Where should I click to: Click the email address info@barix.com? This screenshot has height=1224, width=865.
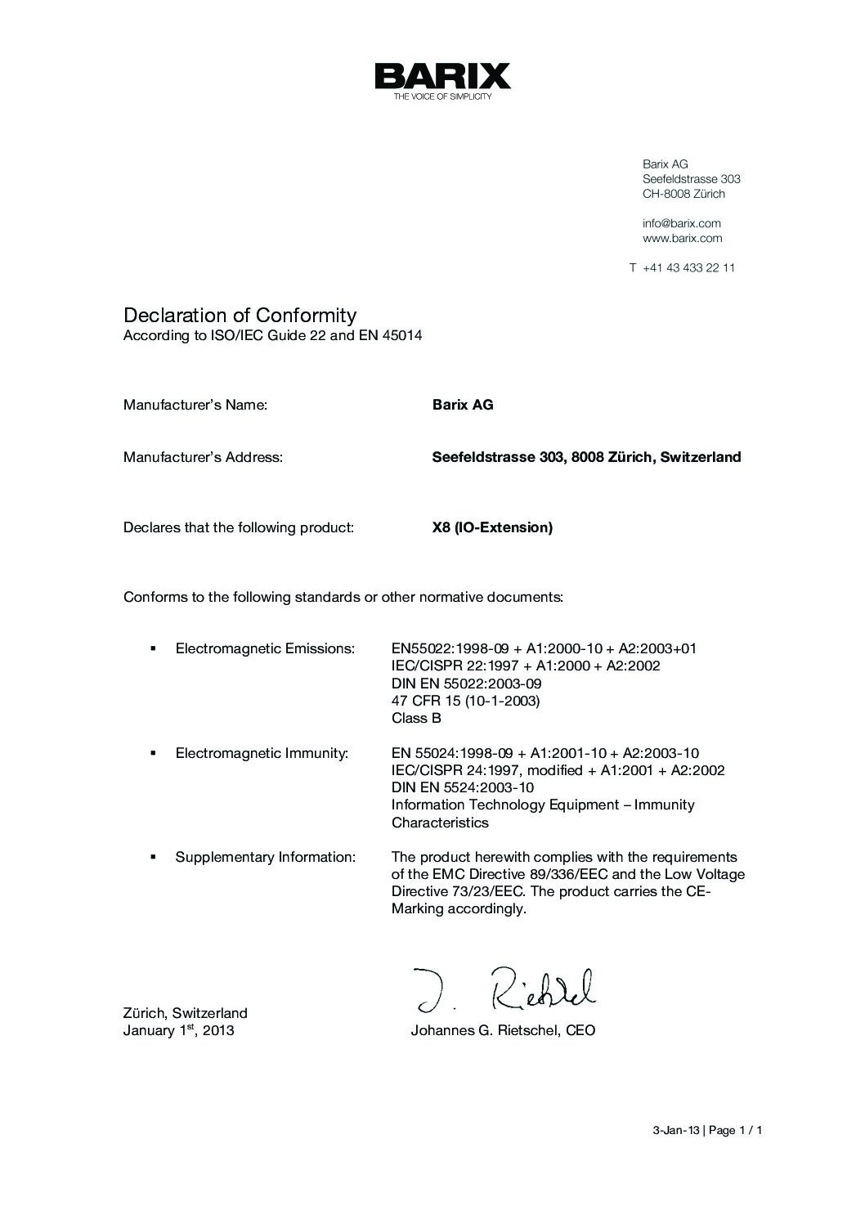[x=681, y=223]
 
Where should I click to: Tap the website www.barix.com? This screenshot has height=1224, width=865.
[x=682, y=238]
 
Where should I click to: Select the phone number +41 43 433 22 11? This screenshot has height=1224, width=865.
[x=688, y=267]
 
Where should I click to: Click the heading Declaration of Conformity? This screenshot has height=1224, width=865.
[x=240, y=315]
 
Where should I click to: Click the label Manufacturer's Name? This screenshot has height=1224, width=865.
[x=195, y=405]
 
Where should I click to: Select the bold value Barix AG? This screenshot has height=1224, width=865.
[x=462, y=405]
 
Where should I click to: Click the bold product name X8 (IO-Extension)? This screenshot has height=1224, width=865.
[x=492, y=527]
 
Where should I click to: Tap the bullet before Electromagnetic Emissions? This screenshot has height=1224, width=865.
[x=153, y=648]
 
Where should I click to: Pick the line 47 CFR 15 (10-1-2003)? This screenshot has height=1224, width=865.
[x=465, y=701]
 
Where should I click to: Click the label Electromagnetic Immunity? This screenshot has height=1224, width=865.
[x=262, y=753]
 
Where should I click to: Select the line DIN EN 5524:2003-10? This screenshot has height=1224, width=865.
[x=462, y=787]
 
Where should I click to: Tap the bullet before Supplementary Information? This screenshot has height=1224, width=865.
[x=153, y=857]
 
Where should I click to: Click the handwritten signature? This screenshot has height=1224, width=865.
[x=504, y=990]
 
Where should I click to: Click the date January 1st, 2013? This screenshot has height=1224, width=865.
[x=178, y=1030]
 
